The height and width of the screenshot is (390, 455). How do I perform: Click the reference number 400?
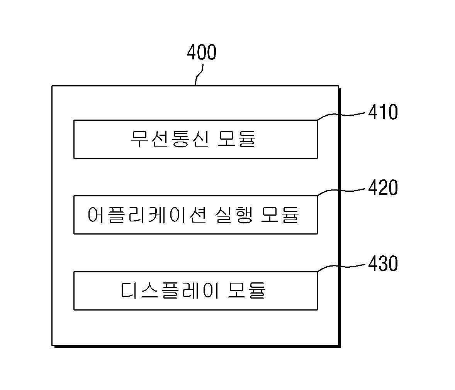tap(201, 52)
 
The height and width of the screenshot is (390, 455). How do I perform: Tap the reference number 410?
tap(383, 112)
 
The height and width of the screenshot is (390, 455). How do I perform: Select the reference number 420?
tap(383, 188)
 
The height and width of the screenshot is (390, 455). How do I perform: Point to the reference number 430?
tap(383, 264)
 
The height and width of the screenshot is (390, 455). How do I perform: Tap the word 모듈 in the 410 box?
tap(236, 139)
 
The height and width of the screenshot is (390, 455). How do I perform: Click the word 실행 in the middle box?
tap(234, 215)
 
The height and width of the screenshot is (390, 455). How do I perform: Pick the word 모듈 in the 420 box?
tap(280, 215)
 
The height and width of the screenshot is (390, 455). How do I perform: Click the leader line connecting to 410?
tap(341, 115)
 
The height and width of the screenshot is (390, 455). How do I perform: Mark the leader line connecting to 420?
tap(341, 190)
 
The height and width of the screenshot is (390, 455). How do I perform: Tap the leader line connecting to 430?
tap(341, 266)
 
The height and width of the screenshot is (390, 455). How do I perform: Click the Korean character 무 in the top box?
tap(140, 139)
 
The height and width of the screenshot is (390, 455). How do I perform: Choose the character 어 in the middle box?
tap(96, 215)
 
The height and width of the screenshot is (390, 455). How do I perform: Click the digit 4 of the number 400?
tap(192, 52)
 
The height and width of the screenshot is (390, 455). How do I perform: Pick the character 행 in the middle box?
tap(243, 215)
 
